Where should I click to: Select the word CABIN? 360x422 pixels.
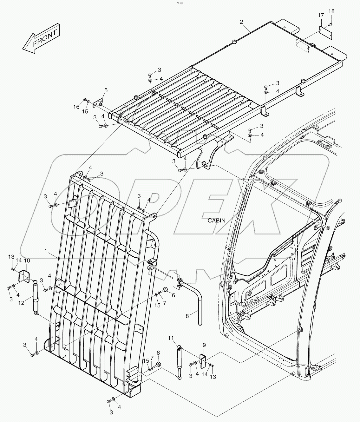(216, 221)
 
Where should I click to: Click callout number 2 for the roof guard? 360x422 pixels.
(241, 22)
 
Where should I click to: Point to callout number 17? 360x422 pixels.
(321, 15)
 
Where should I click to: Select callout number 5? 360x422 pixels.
(106, 90)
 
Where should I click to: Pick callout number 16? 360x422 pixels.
(76, 107)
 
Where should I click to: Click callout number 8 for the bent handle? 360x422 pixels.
(187, 316)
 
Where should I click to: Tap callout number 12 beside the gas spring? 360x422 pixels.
(21, 303)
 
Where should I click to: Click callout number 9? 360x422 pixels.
(204, 344)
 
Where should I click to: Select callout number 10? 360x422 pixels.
(27, 260)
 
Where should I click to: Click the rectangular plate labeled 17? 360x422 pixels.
(325, 33)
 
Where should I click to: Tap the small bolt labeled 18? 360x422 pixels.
(330, 24)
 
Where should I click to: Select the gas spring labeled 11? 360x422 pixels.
(180, 362)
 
